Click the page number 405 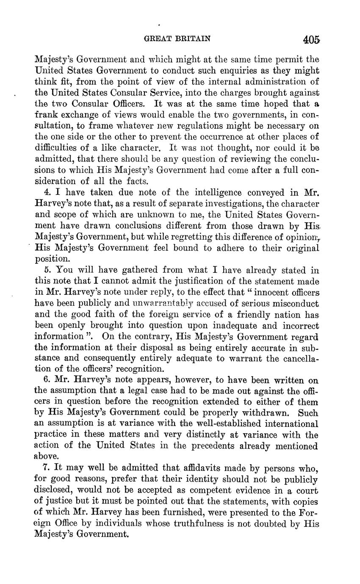pyautogui.click(x=311, y=40)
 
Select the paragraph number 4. pyautogui.click(x=47, y=192)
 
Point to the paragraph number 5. pyautogui.click(x=47, y=270)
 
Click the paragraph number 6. pyautogui.click(x=47, y=380)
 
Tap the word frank pyautogui.click(x=45, y=115)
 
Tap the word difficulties pyautogui.click(x=56, y=148)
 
